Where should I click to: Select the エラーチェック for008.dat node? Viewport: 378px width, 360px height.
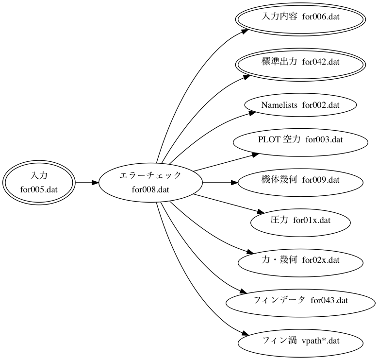(150, 183)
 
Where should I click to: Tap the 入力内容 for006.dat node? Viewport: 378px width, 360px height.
(300, 17)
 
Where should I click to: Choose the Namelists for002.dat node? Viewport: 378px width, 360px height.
(300, 104)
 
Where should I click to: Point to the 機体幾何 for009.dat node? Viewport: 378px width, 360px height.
(300, 180)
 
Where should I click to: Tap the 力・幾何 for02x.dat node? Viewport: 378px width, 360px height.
(300, 260)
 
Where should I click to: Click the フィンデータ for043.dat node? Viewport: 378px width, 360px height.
(300, 300)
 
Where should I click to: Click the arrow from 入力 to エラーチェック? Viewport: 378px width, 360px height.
(86, 183)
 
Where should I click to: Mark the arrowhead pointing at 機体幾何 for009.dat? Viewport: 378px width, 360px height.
(234, 183)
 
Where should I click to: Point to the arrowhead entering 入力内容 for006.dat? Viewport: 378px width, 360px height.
(245, 31)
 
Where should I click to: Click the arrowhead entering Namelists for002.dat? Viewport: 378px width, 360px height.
(251, 113)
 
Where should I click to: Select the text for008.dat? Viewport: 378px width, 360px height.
(150, 189)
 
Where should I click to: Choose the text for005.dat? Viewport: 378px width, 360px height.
(39, 189)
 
